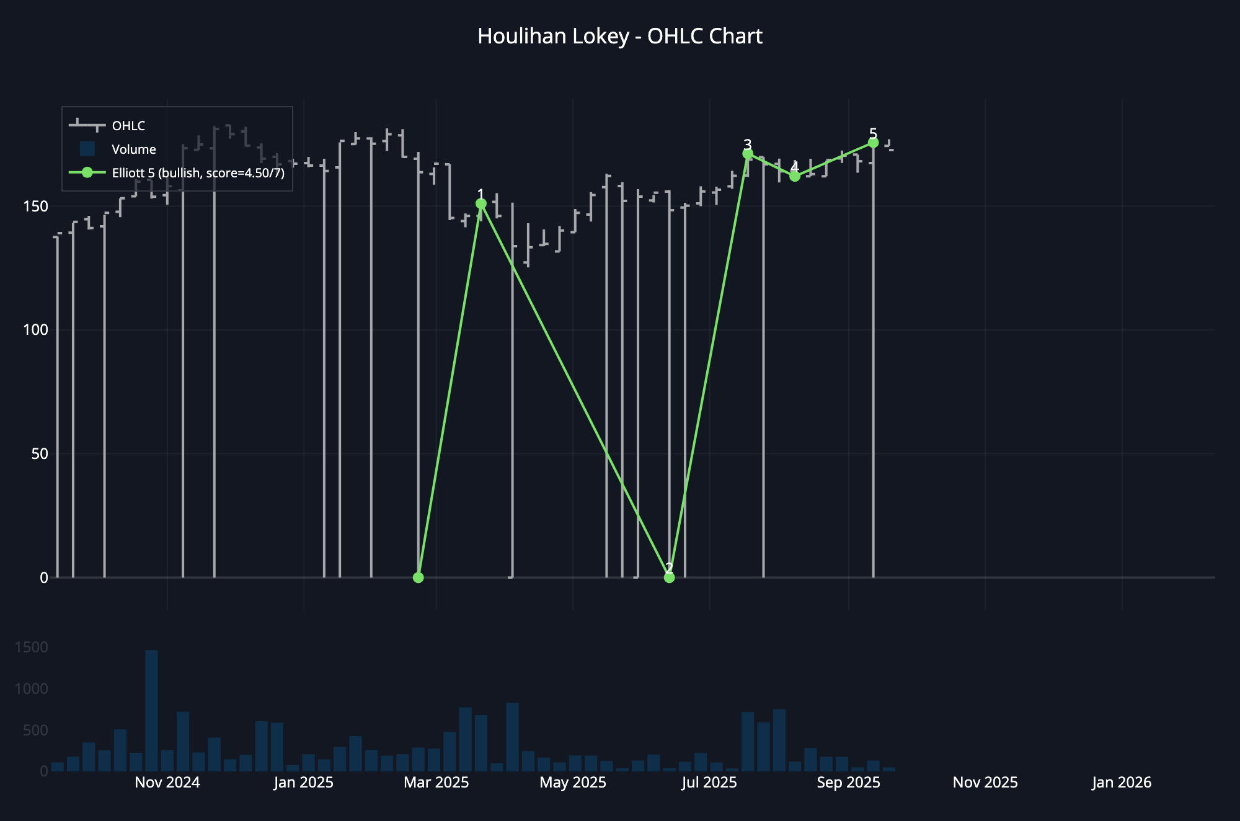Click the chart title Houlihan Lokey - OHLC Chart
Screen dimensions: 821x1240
(x=619, y=37)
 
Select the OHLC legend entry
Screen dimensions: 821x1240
(x=128, y=126)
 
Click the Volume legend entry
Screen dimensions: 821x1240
(x=133, y=149)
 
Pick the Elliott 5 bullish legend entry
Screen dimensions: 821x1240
(x=197, y=173)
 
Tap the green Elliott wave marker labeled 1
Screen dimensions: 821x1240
(x=481, y=203)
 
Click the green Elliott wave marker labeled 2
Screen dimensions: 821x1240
(x=669, y=577)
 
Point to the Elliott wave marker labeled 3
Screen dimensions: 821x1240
(x=748, y=154)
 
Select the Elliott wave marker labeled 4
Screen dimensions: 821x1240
(x=795, y=177)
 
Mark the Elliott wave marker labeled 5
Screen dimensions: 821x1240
(x=873, y=143)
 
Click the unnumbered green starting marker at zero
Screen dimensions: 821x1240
(x=418, y=577)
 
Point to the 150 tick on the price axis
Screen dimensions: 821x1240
(x=35, y=206)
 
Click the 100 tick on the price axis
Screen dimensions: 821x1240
(x=35, y=330)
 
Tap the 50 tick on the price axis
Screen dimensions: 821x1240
(x=40, y=454)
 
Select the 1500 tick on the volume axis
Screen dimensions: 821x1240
(x=31, y=647)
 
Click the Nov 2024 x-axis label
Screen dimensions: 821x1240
(x=167, y=783)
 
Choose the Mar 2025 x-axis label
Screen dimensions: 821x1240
(x=436, y=783)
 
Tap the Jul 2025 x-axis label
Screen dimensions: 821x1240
(x=709, y=783)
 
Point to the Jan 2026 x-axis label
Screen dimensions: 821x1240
(x=1122, y=783)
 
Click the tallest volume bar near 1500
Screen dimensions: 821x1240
(x=151, y=710)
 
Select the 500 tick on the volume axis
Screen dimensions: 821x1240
(x=35, y=730)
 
